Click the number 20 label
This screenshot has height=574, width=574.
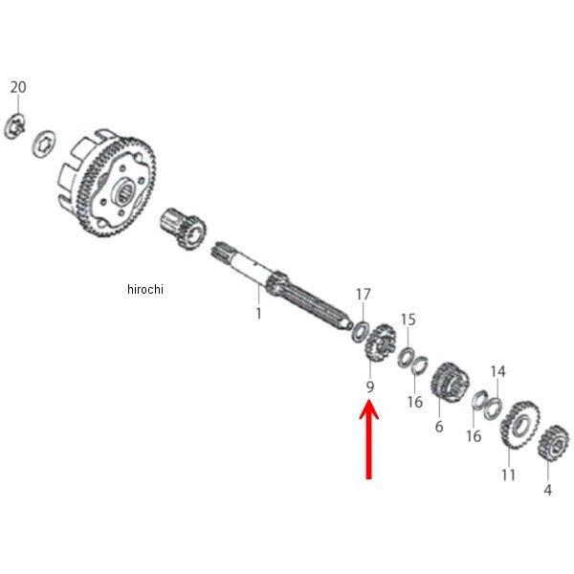[17, 87]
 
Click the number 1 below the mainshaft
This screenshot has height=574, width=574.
[257, 313]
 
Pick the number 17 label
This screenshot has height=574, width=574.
[363, 294]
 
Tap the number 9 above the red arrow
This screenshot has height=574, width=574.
[368, 387]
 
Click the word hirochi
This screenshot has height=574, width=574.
[144, 290]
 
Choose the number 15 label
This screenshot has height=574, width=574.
[408, 319]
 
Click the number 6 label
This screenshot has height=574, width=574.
[439, 427]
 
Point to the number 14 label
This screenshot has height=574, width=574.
[497, 371]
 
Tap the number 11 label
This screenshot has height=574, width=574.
[508, 475]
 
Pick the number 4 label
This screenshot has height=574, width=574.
[547, 490]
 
